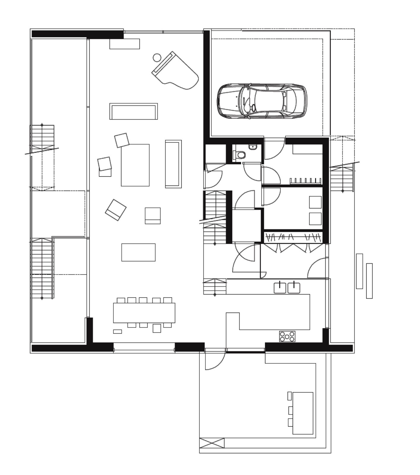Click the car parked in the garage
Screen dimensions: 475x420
pyautogui.click(x=262, y=101)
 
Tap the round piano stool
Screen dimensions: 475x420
pyautogui.click(x=157, y=57)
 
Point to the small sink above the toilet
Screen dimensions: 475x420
pyautogui.click(x=253, y=147)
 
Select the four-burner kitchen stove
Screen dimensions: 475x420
pyautogui.click(x=287, y=336)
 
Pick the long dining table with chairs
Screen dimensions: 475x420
pyautogui.click(x=144, y=313)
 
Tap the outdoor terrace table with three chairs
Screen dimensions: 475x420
pyautogui.click(x=303, y=413)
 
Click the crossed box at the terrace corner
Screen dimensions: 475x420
pyautogui.click(x=212, y=443)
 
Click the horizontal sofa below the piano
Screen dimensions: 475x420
pyautogui.click(x=134, y=111)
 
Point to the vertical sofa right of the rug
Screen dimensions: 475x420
pyautogui.click(x=173, y=164)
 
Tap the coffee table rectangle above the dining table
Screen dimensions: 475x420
pyautogui.click(x=138, y=252)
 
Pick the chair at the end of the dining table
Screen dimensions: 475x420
pyautogui.click(x=157, y=328)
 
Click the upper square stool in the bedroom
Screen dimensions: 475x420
pyautogui.click(x=315, y=202)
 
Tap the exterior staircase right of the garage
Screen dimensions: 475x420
pyautogui.click(x=342, y=178)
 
